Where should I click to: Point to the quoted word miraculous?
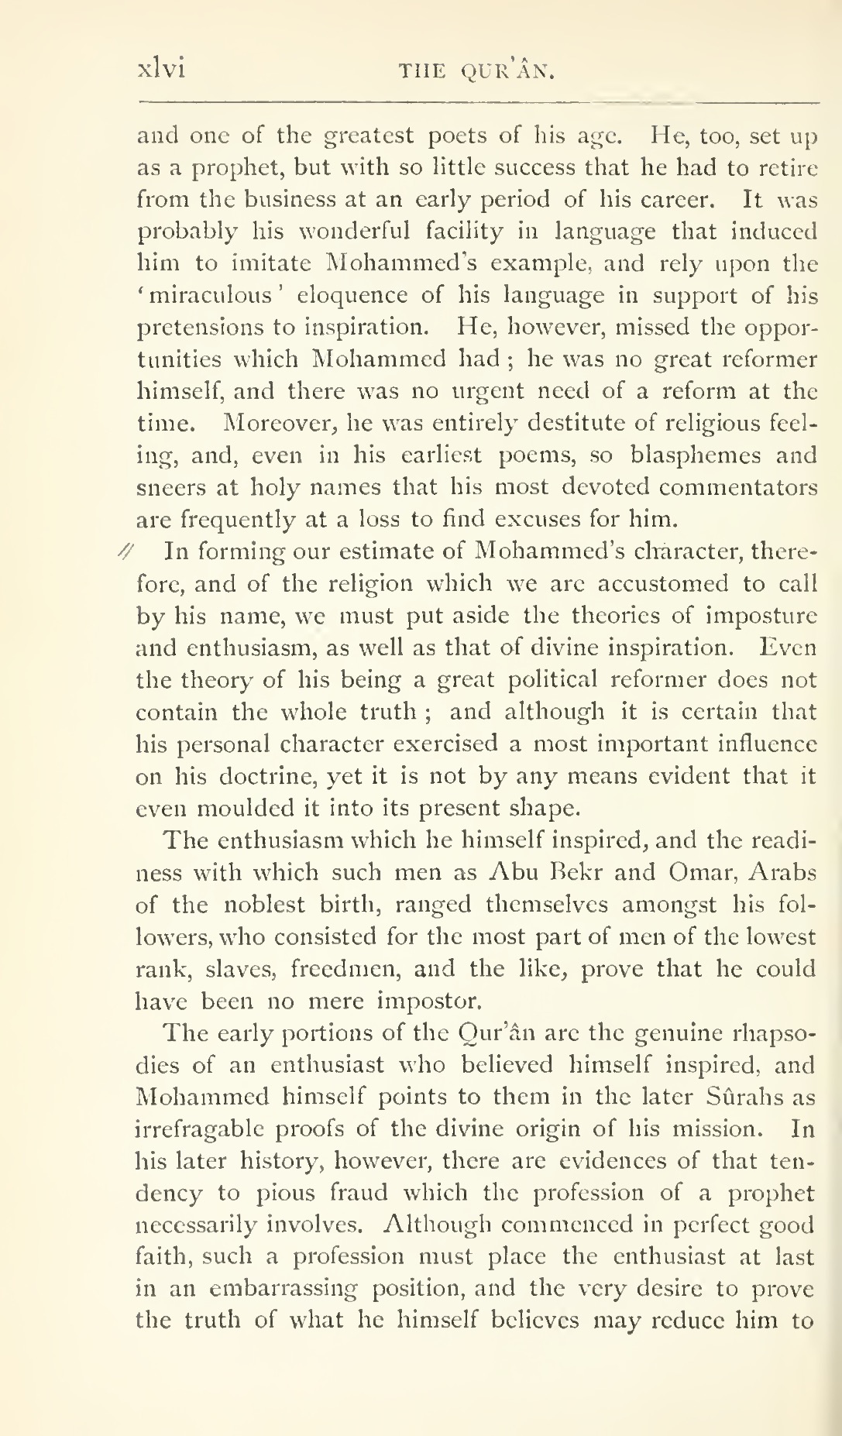(203, 296)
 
